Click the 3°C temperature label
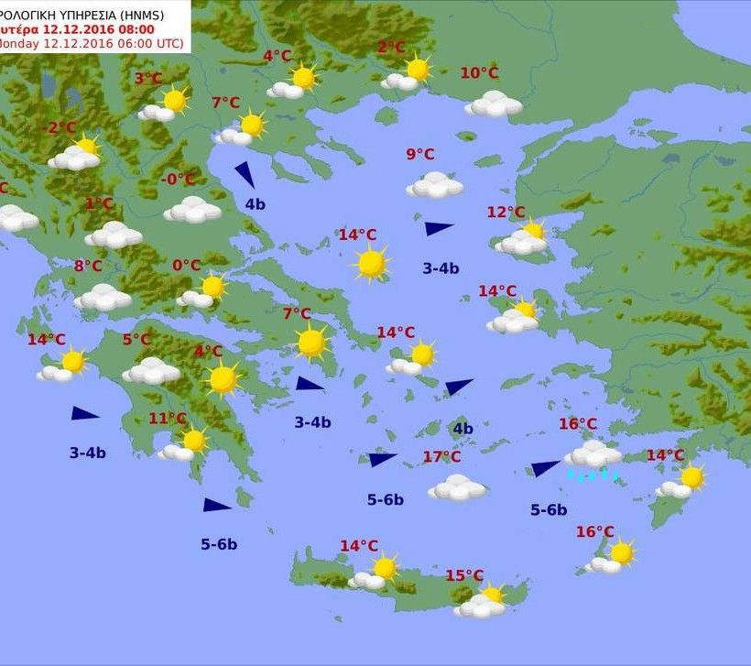point(148,79)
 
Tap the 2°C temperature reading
point(391,48)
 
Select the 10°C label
point(479,73)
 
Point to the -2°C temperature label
point(62,127)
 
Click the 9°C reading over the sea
point(420,154)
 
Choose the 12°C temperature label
point(506,213)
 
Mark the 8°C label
point(88,267)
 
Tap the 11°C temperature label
point(168,419)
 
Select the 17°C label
point(441,457)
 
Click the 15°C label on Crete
point(464,575)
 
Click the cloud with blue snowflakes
point(593,456)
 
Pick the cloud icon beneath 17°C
point(457,487)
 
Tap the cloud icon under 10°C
point(494,104)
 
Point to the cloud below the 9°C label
point(435,186)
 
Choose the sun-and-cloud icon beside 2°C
point(408,73)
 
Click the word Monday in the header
point(18,43)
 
